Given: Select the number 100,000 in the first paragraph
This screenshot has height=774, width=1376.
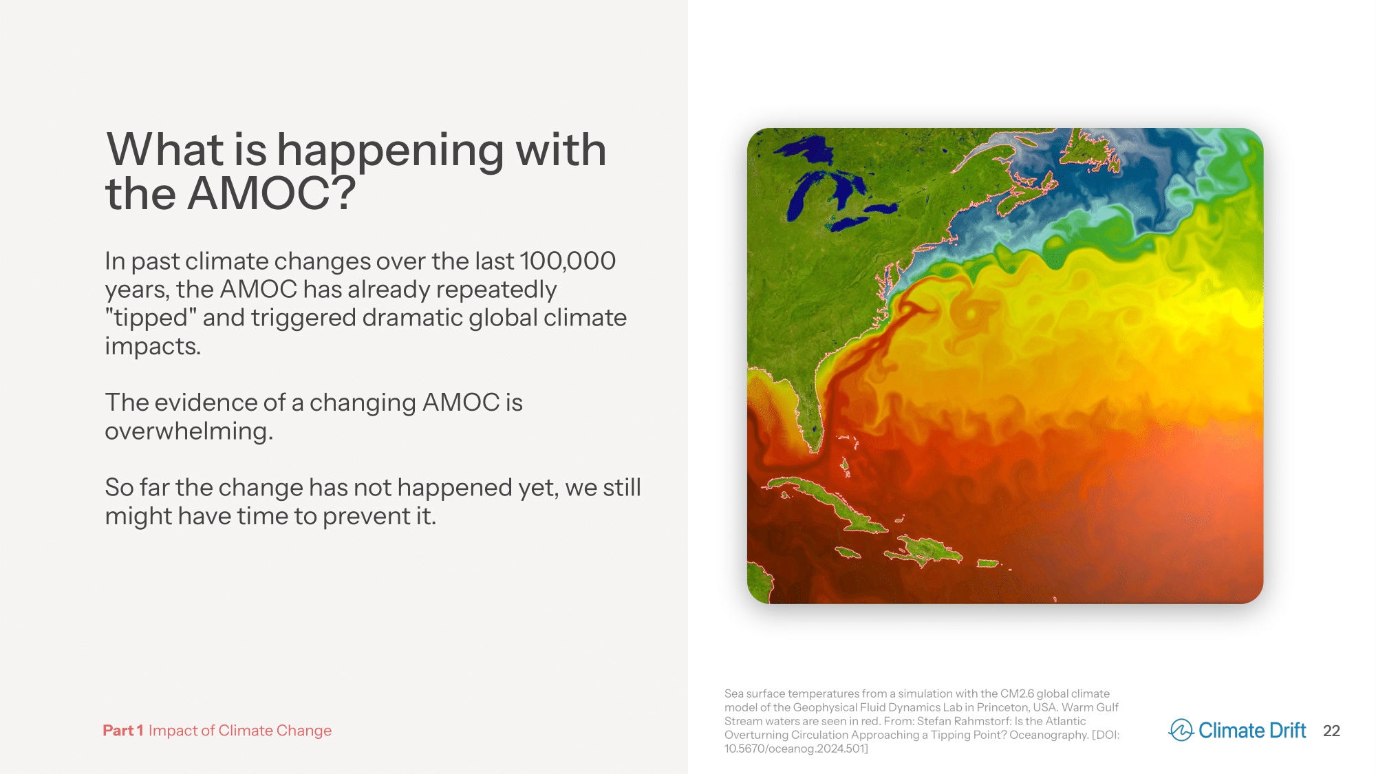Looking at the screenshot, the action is click(x=568, y=261).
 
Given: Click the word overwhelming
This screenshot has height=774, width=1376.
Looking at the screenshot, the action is click(x=189, y=432).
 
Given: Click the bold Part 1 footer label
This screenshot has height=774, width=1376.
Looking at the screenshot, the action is click(x=123, y=731).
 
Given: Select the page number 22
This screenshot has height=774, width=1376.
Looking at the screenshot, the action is click(x=1331, y=731).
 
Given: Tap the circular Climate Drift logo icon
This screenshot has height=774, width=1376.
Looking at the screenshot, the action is click(x=1181, y=730).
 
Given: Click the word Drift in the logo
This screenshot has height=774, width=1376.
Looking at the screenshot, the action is click(x=1287, y=730).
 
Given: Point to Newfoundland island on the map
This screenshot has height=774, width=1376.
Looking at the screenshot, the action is click(x=1090, y=150).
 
